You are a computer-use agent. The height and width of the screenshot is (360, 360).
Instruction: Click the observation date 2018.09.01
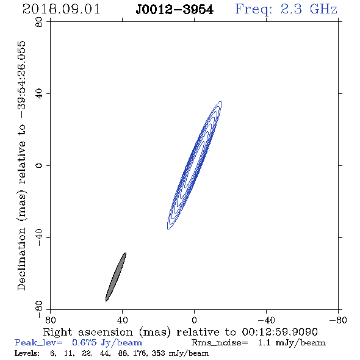pyautogui.click(x=61, y=9)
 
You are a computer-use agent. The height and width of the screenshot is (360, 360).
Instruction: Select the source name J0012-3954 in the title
pyautogui.click(x=175, y=10)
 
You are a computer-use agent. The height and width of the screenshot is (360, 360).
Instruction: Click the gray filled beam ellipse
pyautogui.click(x=116, y=277)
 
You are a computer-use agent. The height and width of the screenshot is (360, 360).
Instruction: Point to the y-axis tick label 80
pyautogui.click(x=39, y=22)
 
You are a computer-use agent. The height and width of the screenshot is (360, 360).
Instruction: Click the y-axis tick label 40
pyautogui.click(x=39, y=94)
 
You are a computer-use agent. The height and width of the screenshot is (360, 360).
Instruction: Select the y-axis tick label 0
pyautogui.click(x=39, y=165)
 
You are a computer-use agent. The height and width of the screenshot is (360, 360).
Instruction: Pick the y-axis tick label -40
pyautogui.click(x=39, y=237)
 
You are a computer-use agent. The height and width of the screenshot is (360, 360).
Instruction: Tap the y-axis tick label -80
pyautogui.click(x=39, y=309)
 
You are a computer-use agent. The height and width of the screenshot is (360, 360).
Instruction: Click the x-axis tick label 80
pyautogui.click(x=50, y=320)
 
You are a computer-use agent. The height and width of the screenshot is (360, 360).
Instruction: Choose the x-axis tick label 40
pyautogui.click(x=122, y=320)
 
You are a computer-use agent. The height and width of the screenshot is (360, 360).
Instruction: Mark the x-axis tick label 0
pyautogui.click(x=194, y=320)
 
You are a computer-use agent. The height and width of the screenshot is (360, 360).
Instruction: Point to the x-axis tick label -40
pyautogui.click(x=266, y=320)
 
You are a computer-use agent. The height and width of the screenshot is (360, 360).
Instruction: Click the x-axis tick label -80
pyautogui.click(x=338, y=320)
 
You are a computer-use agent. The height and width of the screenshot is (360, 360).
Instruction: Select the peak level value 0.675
pyautogui.click(x=84, y=342)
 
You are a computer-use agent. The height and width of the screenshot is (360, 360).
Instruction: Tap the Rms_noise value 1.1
pyautogui.click(x=264, y=342)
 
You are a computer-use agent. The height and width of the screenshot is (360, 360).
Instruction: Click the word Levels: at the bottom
pyautogui.click(x=27, y=353)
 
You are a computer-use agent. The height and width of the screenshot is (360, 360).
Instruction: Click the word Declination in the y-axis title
pyautogui.click(x=21, y=259)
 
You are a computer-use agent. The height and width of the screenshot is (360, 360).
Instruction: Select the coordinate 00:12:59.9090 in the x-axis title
pyautogui.click(x=279, y=332)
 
